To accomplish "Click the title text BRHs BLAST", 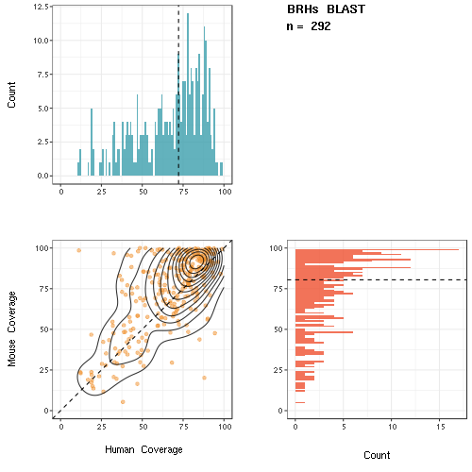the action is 326,9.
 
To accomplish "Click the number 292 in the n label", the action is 321,26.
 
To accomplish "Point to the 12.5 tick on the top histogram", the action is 41,7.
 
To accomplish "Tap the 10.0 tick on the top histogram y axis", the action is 41,41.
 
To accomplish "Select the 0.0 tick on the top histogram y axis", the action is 42,176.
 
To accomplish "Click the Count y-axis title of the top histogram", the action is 11,95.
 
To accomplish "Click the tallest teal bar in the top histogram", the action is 188,94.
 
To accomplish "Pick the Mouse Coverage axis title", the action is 11,329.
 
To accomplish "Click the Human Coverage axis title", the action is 143,449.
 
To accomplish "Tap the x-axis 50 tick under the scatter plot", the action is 143,427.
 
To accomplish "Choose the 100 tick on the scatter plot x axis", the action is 225,427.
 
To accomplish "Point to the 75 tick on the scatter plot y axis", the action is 43,289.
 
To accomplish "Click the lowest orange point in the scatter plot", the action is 123,402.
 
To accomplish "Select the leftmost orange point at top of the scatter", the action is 79,250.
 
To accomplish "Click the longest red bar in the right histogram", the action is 377,250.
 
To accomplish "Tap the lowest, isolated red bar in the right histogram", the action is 300,402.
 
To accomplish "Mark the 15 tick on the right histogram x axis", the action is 441,427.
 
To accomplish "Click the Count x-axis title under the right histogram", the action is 377,455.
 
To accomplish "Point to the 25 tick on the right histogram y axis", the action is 278,370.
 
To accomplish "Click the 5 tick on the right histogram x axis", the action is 344,427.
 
